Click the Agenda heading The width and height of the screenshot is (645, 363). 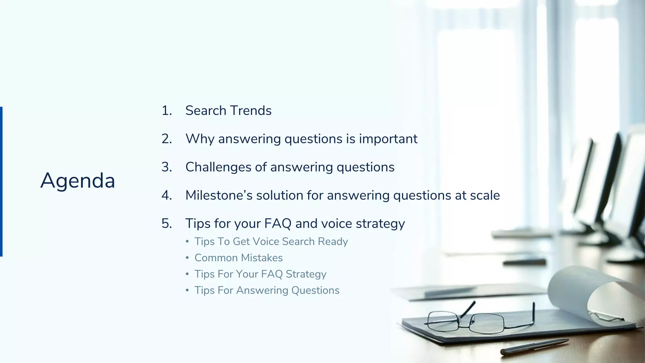(x=78, y=181)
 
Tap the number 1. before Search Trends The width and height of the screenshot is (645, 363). (x=167, y=111)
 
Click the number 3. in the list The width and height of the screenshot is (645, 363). (x=167, y=167)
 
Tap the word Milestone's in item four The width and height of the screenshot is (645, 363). (x=219, y=195)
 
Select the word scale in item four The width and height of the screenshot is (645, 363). (x=485, y=195)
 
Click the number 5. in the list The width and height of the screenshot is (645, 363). (x=167, y=223)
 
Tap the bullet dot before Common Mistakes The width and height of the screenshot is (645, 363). (x=187, y=258)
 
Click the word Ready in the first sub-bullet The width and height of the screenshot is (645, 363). (x=333, y=241)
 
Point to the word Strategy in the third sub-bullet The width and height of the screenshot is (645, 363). (x=306, y=274)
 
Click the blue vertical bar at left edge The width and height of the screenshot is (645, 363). (x=1, y=181)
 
